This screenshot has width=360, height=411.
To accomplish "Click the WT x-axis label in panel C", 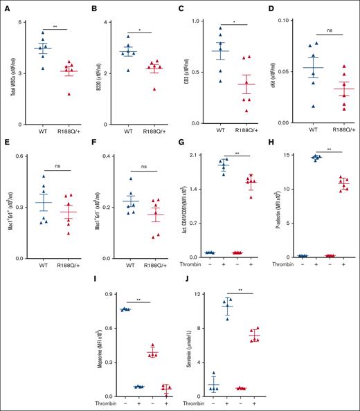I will (x=219, y=129).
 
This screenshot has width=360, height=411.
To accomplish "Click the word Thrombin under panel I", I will (x=102, y=402).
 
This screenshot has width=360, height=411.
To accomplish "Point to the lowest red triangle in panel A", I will (x=67, y=93).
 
